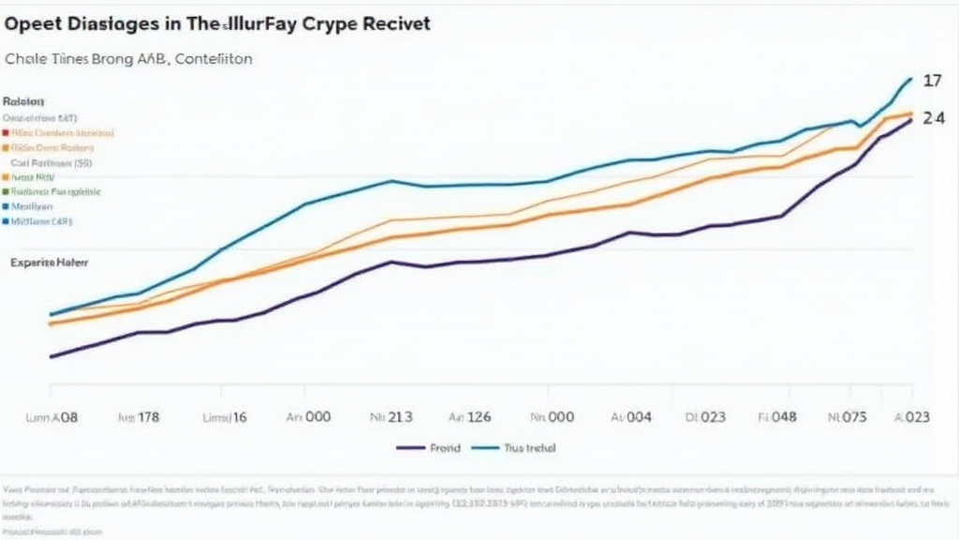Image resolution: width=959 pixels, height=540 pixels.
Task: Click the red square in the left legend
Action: click(x=6, y=133)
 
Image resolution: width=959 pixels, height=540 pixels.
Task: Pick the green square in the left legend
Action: click(x=6, y=190)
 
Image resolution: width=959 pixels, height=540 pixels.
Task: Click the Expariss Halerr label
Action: click(x=49, y=263)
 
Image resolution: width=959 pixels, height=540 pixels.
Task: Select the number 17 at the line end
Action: click(x=932, y=82)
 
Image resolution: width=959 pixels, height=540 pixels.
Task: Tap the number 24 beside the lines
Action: click(x=933, y=119)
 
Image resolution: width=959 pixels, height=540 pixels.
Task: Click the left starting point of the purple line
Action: click(x=51, y=357)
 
